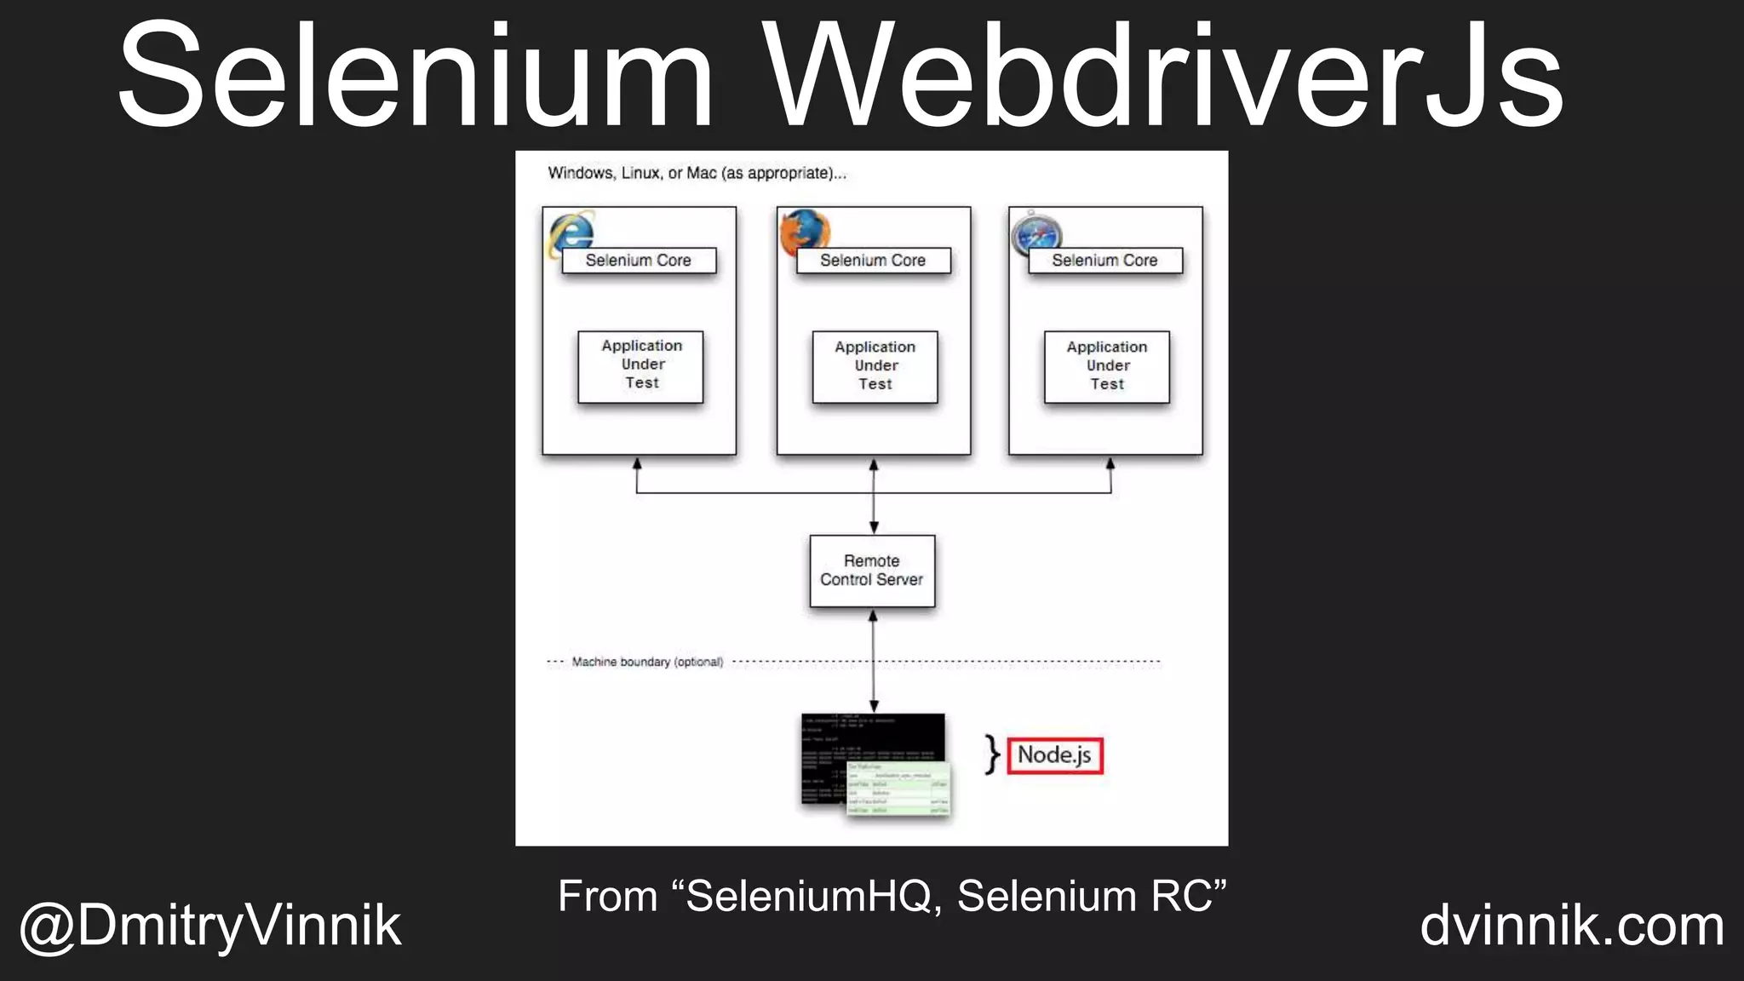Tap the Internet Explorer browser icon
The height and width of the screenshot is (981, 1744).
coord(571,232)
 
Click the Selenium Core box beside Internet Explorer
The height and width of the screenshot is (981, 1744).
coord(639,261)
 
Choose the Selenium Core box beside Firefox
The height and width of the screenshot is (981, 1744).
coord(873,261)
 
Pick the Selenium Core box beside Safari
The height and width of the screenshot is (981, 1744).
coord(1105,261)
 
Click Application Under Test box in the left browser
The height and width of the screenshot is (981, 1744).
coord(640,366)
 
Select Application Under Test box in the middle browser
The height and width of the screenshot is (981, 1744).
coord(875,366)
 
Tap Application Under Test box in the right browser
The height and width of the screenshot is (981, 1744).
coord(1107,366)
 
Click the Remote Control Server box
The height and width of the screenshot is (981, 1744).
coord(872,571)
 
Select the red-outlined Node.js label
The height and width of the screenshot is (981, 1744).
coord(1055,755)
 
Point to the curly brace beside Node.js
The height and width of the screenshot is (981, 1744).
coord(991,754)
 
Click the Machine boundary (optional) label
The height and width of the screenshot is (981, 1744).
coord(647,662)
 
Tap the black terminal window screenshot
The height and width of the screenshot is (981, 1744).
coord(860,749)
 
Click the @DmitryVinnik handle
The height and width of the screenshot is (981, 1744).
coord(210,926)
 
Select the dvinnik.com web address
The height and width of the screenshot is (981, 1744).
coord(1572,926)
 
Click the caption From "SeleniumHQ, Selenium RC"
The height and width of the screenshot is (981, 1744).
coord(892,896)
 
